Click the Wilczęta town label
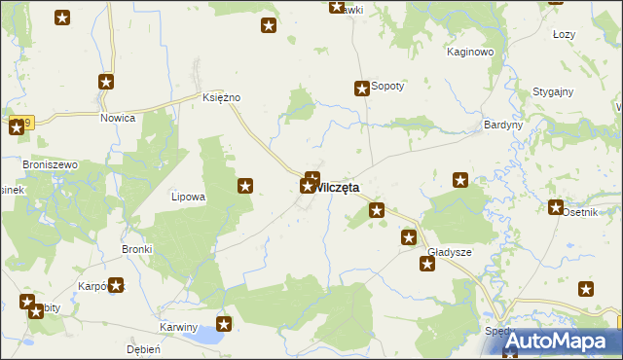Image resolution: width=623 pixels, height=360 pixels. (x=337, y=187)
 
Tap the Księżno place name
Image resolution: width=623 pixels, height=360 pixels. (x=221, y=98)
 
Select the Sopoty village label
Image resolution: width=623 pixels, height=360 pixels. (x=387, y=87)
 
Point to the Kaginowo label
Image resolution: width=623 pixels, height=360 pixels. (x=471, y=52)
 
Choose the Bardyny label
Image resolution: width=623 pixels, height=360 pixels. (x=503, y=126)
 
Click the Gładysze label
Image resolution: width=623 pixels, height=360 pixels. (x=450, y=252)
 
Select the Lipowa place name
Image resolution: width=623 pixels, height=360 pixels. (x=188, y=197)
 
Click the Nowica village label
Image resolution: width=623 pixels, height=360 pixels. (x=118, y=118)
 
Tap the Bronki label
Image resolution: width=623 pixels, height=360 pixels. (x=136, y=249)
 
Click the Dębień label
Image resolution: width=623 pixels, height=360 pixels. (x=143, y=348)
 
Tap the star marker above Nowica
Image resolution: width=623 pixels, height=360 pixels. (x=107, y=84)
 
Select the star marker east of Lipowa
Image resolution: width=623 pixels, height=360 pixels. (x=245, y=185)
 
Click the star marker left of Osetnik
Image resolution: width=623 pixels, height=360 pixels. (x=556, y=207)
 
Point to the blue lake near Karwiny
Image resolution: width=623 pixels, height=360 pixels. (x=207, y=337)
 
